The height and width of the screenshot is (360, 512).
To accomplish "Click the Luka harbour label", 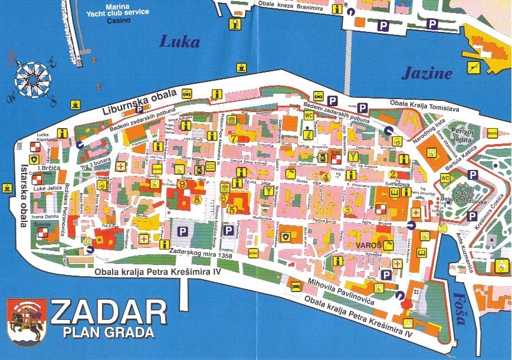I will coord(180,42).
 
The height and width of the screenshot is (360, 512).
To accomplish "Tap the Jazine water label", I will coord(426,74).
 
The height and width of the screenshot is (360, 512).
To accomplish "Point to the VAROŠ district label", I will coord(369,244).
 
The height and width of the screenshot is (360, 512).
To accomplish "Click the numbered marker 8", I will coord(196,199).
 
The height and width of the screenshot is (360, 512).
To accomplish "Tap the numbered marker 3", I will coord(347,210).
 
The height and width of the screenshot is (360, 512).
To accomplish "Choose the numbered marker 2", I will coord(392,174).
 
